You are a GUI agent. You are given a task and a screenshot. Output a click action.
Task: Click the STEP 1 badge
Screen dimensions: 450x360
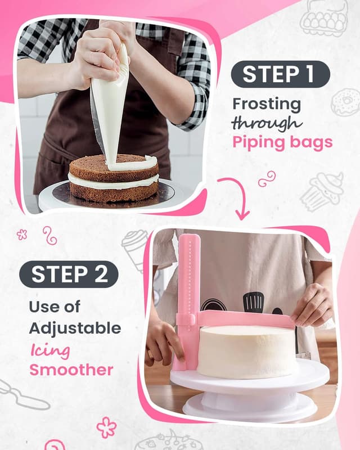coord(280,74)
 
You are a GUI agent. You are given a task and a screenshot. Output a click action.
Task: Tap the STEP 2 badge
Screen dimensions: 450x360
coord(69,274)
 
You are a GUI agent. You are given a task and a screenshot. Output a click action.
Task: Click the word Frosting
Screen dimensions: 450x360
coord(267,104)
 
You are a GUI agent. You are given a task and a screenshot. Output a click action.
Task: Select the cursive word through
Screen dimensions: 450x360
coord(267,123)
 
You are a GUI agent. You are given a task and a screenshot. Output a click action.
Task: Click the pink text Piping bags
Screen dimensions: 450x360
coord(282,142)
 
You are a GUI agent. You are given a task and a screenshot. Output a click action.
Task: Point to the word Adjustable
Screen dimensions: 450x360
coord(75,328)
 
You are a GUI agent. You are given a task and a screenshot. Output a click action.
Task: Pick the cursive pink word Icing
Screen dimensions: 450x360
coord(50,350)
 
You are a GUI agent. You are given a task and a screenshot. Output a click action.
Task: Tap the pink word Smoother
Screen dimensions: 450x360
coord(71,370)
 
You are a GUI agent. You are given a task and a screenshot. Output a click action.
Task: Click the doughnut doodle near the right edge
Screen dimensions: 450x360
coord(344,102)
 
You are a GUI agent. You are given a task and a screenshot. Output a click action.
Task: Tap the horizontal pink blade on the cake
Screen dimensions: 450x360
coord(245,319)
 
